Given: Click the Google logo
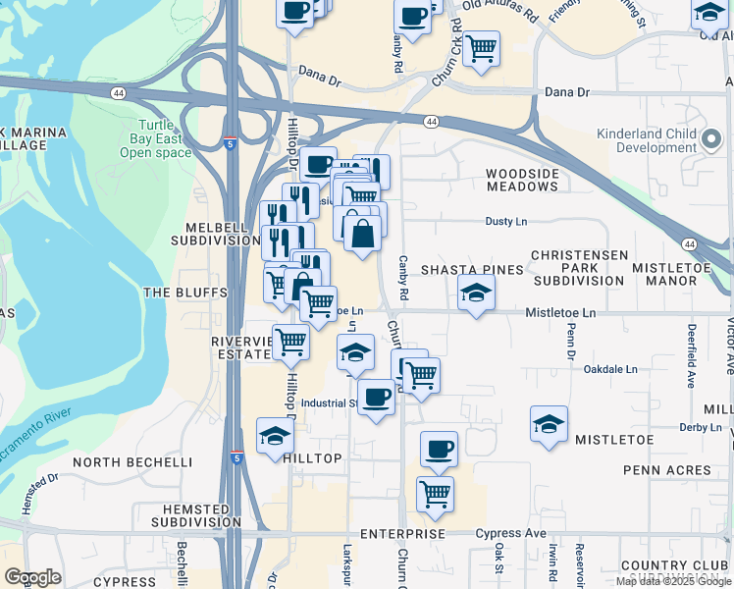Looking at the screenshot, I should tap(32, 577).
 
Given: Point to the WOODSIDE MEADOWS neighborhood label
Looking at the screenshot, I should tap(522, 180).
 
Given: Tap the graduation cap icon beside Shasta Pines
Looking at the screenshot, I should tap(476, 293).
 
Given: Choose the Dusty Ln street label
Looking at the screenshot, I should tap(505, 222).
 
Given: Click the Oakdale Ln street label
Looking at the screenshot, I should tap(610, 369).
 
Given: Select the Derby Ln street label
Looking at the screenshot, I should tap(700, 427).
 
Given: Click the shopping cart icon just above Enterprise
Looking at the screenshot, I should tap(435, 495).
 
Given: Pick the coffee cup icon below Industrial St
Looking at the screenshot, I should tap(375, 397).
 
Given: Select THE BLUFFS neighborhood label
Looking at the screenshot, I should tap(185, 293).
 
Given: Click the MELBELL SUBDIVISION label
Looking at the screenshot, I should tap(215, 232).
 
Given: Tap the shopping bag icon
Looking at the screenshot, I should tap(362, 234).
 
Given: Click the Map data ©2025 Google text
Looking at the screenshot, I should tap(673, 581).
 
